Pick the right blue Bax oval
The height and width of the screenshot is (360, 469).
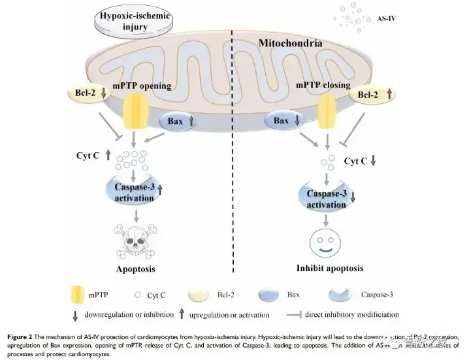tap(285, 121)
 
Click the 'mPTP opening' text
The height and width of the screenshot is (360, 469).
tap(142, 86)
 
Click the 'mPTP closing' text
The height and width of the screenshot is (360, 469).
tap(323, 86)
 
